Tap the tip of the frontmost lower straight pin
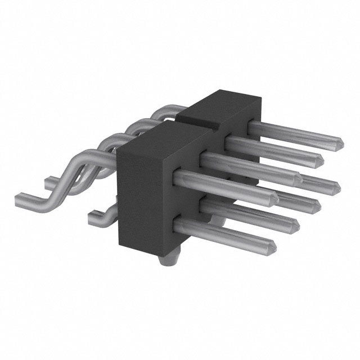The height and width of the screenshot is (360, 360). pos(274,245)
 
